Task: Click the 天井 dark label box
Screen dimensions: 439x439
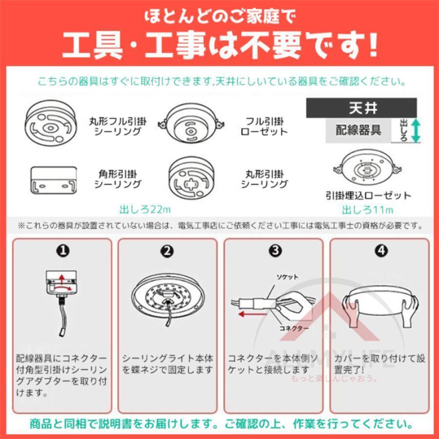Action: [361, 107]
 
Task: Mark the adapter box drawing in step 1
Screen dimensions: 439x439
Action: [60, 283]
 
